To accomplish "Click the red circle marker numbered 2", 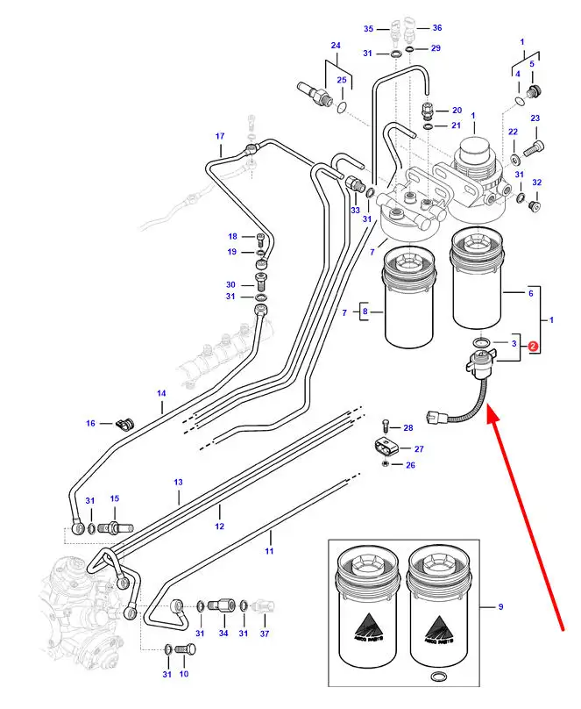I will pyautogui.click(x=532, y=347).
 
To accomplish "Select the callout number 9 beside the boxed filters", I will pyautogui.click(x=500, y=606).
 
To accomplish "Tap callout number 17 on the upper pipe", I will pyautogui.click(x=221, y=136).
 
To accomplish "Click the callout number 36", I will pyautogui.click(x=436, y=27).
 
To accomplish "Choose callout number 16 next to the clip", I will pyautogui.click(x=90, y=423).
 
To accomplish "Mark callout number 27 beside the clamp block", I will pyautogui.click(x=419, y=448).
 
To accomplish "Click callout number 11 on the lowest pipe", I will pyautogui.click(x=270, y=550).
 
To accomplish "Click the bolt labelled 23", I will pyautogui.click(x=534, y=149).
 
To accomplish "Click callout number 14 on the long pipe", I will pyautogui.click(x=161, y=394).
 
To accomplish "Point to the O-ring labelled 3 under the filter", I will pyautogui.click(x=481, y=341).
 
